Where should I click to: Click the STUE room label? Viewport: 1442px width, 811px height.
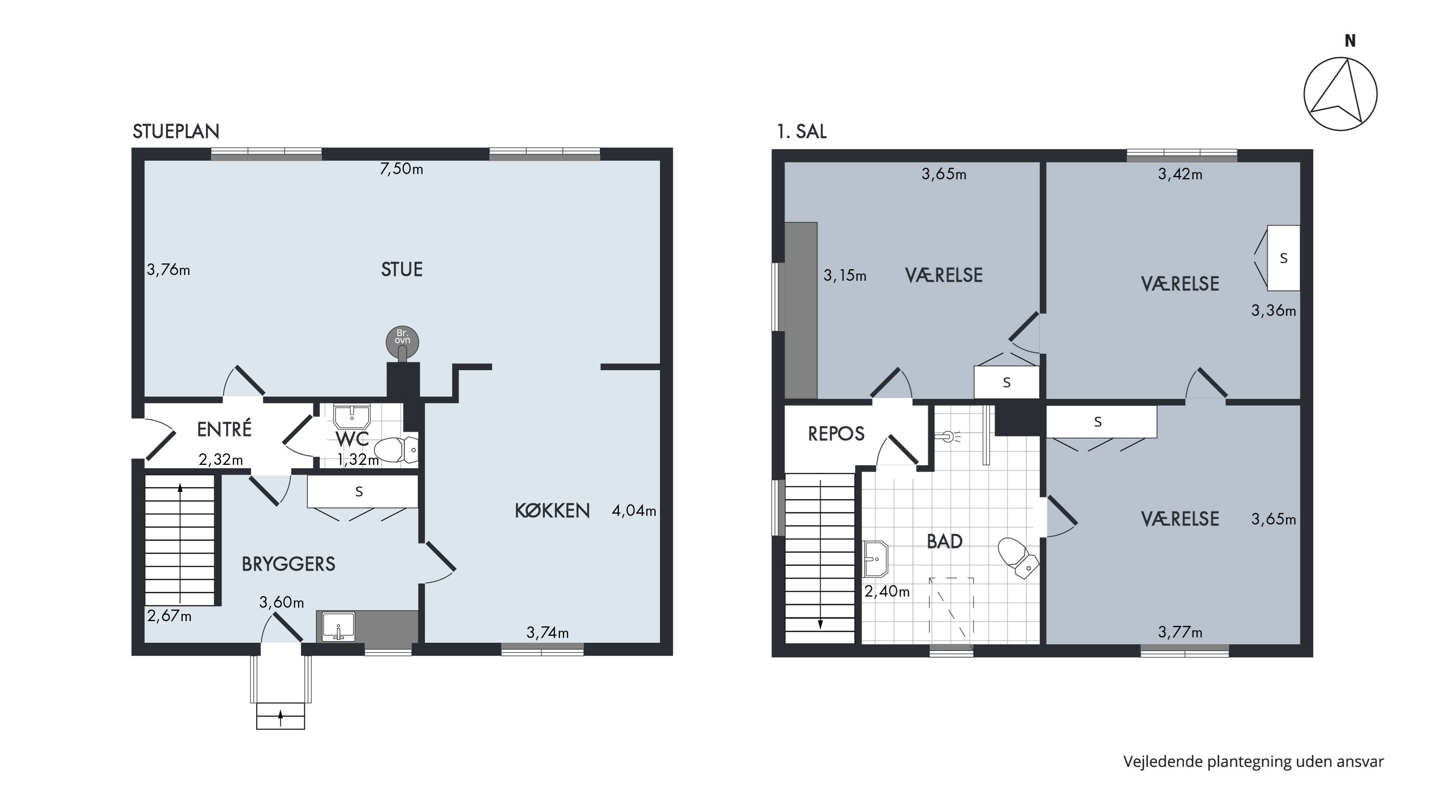401,270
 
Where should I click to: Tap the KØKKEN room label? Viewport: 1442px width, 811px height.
552,511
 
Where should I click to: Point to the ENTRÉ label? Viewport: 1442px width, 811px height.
224,429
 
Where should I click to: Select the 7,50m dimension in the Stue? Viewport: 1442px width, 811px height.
401,168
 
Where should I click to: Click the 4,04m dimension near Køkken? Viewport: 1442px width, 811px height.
634,511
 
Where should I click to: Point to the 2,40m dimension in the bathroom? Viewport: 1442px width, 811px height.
887,591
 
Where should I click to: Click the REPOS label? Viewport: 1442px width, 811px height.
836,434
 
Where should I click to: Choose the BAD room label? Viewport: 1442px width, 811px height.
945,541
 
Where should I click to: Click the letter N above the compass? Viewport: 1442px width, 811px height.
1351,41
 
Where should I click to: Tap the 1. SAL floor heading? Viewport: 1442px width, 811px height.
802,132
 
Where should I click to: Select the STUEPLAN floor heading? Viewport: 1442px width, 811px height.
176,132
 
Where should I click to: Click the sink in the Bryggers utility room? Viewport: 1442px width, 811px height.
339,627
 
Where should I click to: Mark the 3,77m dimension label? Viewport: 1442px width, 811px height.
1180,633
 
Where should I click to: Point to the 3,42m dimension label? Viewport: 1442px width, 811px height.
1180,174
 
